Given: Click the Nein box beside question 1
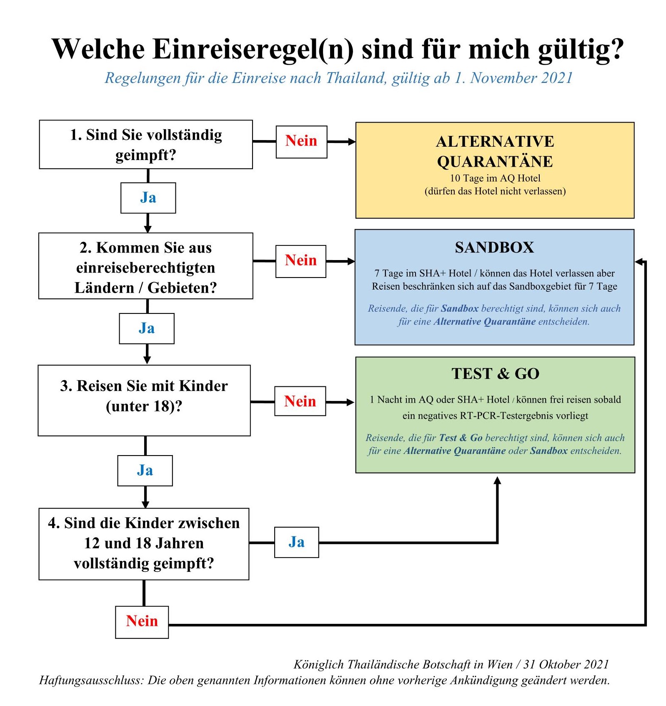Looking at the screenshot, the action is [301, 142].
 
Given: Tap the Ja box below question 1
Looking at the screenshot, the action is [148, 198].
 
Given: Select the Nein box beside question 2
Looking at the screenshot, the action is [300, 261].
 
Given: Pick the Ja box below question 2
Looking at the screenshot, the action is [147, 328].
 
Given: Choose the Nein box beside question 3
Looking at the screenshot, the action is [300, 401].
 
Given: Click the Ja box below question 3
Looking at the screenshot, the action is [145, 471].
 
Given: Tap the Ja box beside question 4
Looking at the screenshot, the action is [296, 542].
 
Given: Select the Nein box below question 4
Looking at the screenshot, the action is [142, 622].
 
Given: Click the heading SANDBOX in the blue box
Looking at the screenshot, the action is [494, 248].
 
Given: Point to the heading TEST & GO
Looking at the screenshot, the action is [495, 374].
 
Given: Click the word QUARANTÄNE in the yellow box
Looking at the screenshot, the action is [495, 162].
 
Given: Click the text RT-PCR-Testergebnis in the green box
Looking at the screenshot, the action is [524, 416].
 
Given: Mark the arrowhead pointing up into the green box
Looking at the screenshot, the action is [497, 481].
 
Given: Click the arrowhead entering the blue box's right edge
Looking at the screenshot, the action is [638, 261].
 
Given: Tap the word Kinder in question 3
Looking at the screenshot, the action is [203, 386].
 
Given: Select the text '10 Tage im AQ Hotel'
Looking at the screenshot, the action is [495, 178].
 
